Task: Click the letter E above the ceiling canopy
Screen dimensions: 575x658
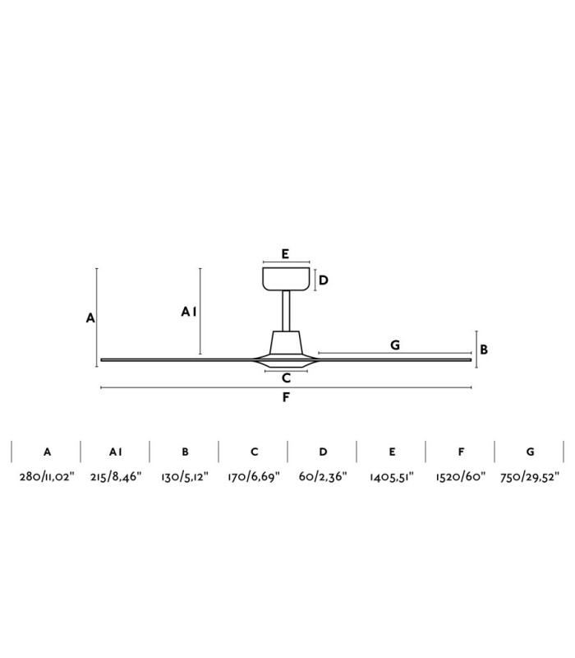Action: (x=285, y=254)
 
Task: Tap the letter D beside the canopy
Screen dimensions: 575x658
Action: (x=323, y=280)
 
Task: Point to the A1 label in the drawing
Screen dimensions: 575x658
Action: (x=189, y=312)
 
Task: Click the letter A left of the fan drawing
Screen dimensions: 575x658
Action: (x=90, y=318)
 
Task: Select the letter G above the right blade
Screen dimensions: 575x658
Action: (x=395, y=345)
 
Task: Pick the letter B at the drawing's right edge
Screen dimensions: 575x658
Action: (x=484, y=350)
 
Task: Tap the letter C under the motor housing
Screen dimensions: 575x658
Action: (x=286, y=378)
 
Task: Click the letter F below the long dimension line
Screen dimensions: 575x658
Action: (x=286, y=397)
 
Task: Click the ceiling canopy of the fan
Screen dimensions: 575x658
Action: (x=286, y=279)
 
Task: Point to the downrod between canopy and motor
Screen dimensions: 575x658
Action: (x=286, y=311)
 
